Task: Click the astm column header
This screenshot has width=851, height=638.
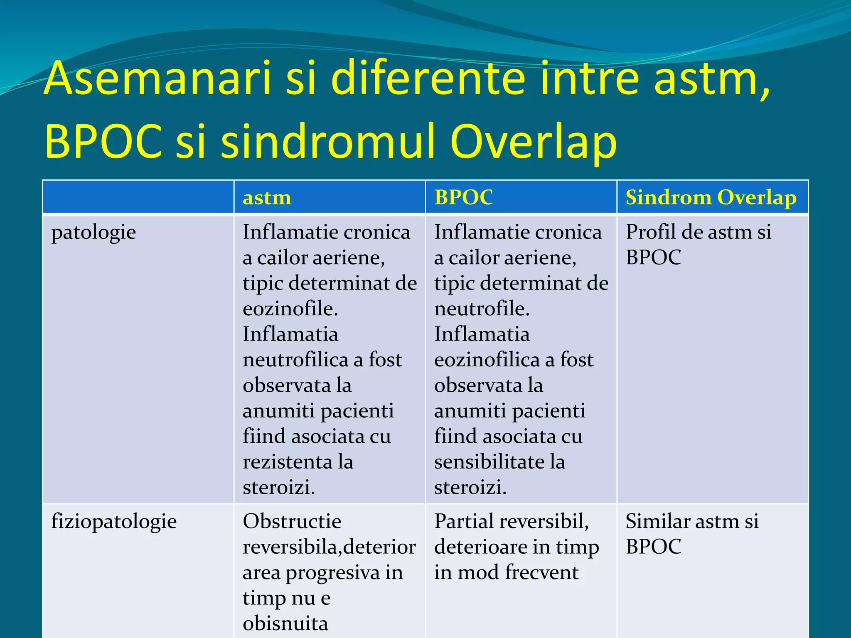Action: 267,197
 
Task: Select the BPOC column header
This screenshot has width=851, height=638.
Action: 463,197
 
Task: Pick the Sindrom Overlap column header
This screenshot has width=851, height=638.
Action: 711,197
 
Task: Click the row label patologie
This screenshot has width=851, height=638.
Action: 93,233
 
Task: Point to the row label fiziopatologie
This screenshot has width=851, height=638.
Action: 114,522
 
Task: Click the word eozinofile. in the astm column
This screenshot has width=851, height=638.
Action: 290,309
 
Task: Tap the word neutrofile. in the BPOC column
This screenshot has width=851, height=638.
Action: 482,309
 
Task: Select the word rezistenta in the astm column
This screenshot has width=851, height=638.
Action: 287,462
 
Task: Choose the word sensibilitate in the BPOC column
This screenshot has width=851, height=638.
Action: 489,462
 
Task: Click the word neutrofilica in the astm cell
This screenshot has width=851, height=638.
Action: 295,360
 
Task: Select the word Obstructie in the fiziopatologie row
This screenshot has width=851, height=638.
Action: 292,521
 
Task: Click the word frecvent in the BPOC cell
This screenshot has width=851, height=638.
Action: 542,572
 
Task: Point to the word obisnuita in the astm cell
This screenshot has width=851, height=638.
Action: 285,623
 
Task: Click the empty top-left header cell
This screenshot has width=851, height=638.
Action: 138,197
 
